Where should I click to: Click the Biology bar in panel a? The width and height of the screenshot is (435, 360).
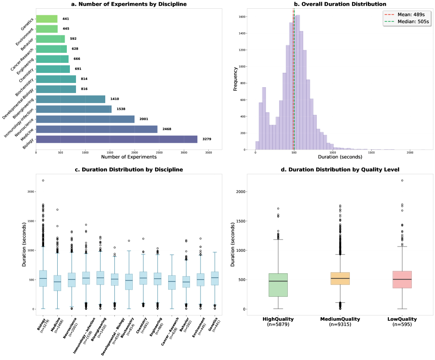click(117, 139)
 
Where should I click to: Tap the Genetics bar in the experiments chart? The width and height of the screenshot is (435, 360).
click(47, 19)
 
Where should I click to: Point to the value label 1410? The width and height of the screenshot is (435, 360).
click(115, 99)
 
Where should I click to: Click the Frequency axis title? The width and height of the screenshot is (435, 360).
click(236, 79)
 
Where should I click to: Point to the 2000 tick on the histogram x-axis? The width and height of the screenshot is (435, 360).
click(410, 153)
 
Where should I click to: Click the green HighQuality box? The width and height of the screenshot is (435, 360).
click(278, 285)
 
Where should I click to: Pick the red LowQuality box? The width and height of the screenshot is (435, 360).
click(402, 279)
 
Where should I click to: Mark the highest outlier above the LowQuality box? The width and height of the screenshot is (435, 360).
click(402, 181)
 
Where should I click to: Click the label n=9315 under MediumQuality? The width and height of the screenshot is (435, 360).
click(340, 325)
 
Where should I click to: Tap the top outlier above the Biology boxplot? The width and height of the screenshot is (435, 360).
click(43, 181)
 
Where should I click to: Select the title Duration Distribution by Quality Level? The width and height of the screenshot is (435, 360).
click(340, 169)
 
